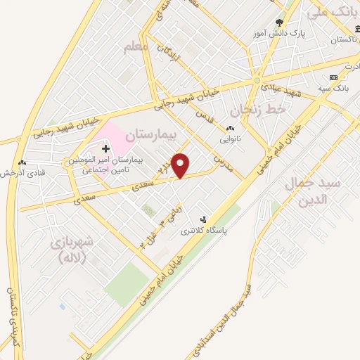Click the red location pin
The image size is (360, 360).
coord(181,165)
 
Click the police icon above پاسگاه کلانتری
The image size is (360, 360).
coord(204,219)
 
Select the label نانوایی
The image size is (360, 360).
coord(229,139)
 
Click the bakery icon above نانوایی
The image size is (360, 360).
coord(229,128)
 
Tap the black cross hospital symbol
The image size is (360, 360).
coord(106,148)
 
